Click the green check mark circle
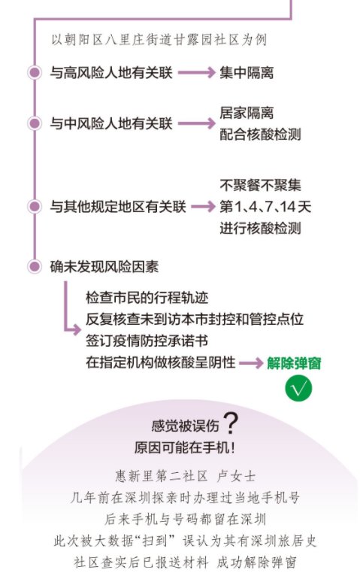point(298,388)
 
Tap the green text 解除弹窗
point(294,363)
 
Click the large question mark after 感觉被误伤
point(231,423)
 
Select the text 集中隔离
point(247,73)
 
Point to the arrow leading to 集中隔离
point(196,72)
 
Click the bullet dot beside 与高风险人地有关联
point(35,72)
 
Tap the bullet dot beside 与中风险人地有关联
point(35,123)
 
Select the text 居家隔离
point(247,113)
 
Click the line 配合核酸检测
point(260,135)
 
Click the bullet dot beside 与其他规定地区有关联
point(35,207)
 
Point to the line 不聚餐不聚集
point(260,185)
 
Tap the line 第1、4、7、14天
point(265,207)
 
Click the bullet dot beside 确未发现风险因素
point(35,266)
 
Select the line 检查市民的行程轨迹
point(147,298)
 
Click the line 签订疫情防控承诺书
point(147,341)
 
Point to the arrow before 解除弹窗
point(251,363)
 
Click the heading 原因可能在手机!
point(185,448)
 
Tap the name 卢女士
point(237,476)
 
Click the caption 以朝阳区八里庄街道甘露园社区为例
point(159,40)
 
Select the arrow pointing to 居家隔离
point(196,123)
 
